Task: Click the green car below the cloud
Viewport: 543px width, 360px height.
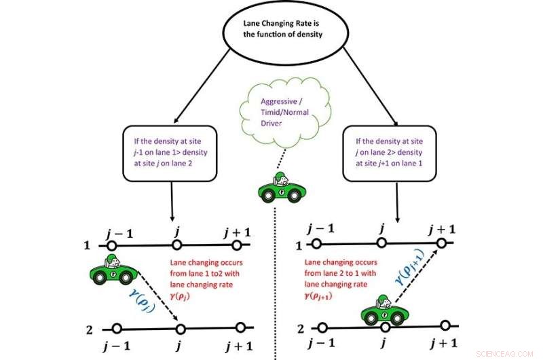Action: tap(279, 187)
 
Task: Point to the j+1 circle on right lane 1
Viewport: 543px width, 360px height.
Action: tap(442, 243)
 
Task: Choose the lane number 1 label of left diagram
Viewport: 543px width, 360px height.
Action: tap(86, 242)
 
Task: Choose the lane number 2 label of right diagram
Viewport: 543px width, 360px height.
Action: tap(301, 329)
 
